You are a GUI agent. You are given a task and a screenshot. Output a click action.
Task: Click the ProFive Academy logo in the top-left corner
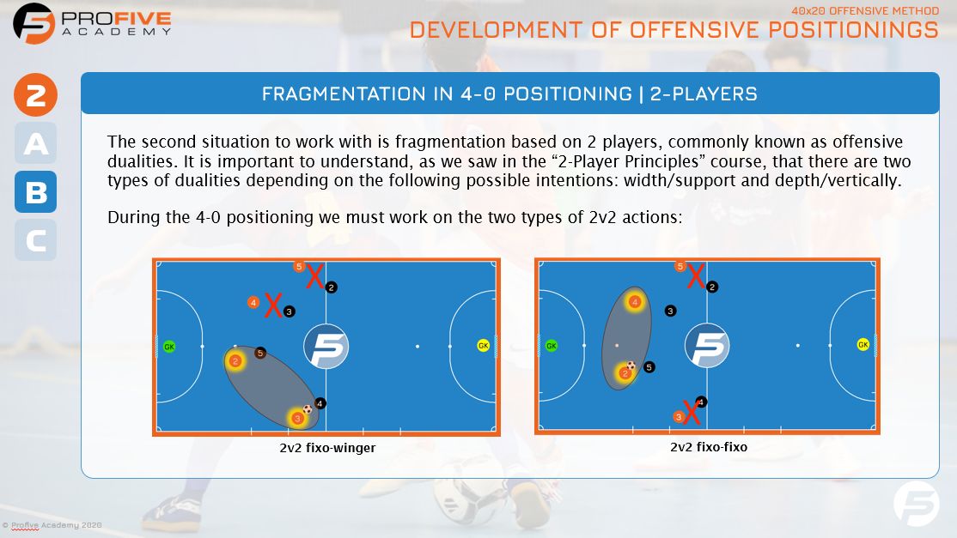[x=34, y=23]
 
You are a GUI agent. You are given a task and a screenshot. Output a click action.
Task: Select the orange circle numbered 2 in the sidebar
[x=35, y=95]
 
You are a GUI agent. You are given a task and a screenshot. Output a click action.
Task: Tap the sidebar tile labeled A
[x=36, y=144]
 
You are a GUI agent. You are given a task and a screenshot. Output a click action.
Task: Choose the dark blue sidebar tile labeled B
[x=36, y=192]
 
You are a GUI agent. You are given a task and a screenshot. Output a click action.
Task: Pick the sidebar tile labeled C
[x=36, y=240]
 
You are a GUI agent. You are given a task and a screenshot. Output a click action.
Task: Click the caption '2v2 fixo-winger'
[x=327, y=448]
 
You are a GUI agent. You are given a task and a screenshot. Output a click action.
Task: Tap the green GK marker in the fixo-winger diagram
[x=169, y=347]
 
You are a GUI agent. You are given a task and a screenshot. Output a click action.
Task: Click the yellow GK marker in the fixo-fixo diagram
[x=863, y=345]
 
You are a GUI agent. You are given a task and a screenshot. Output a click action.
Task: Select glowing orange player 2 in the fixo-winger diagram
[x=235, y=361]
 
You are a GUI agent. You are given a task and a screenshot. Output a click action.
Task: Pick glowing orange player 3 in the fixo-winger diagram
[x=297, y=418]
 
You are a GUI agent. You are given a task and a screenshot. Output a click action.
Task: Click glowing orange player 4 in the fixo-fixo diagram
[x=635, y=302]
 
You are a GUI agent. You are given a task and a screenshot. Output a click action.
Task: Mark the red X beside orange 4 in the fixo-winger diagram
[x=273, y=305]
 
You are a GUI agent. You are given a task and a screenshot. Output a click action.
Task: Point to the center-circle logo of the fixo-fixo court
[x=707, y=346]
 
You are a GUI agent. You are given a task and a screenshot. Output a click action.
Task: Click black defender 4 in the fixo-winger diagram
[x=320, y=402]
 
